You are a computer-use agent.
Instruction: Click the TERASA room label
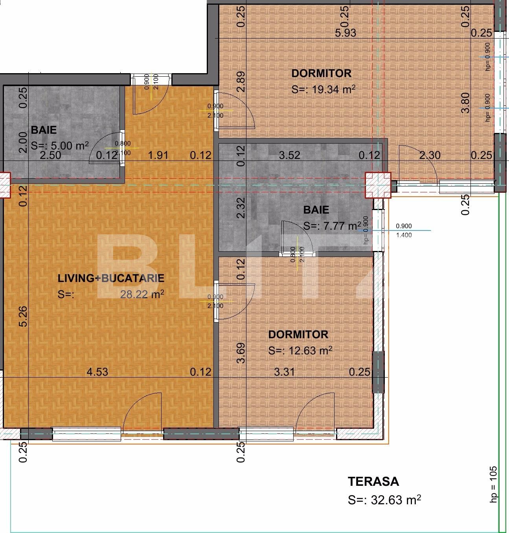(373, 481)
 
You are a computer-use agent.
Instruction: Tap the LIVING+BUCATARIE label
(111, 278)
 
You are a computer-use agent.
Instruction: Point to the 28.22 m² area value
(142, 294)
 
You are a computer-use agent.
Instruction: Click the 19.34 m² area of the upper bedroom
(333, 89)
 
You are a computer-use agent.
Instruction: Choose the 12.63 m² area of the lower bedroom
(311, 350)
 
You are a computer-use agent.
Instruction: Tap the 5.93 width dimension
(345, 33)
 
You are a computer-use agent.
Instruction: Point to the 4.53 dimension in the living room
(97, 372)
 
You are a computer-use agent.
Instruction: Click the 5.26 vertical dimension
(24, 316)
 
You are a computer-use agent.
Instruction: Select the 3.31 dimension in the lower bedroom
(284, 372)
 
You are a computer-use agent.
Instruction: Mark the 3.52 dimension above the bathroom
(290, 155)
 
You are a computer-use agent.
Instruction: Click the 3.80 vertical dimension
(465, 102)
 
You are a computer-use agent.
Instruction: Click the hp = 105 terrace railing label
(494, 484)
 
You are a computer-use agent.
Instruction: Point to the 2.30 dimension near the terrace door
(430, 155)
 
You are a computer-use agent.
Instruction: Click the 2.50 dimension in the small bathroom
(51, 155)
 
